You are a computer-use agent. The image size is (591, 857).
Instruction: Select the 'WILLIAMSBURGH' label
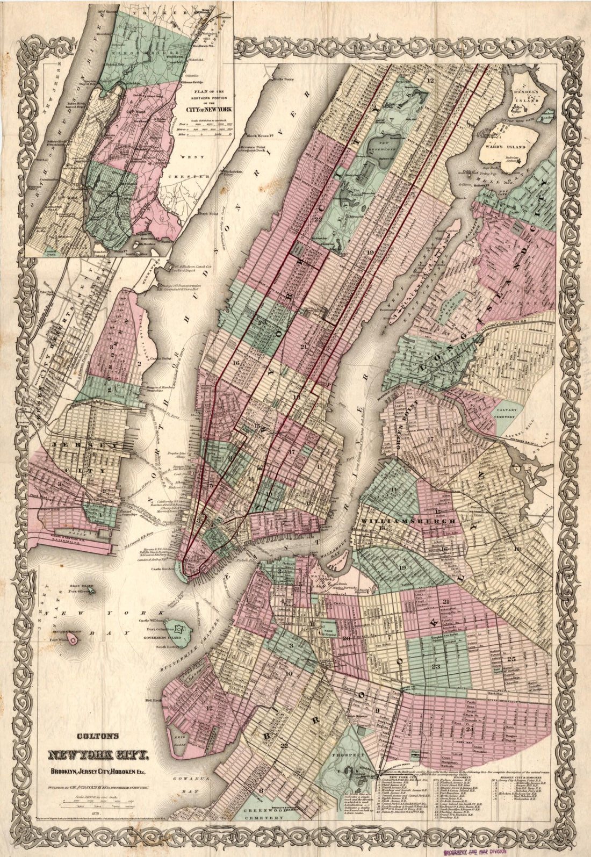[411, 521]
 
